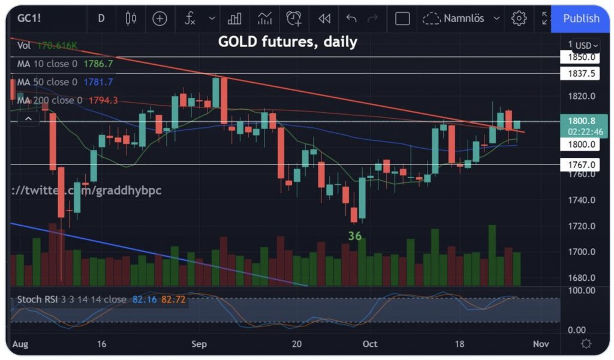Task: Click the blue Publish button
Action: tap(580, 19)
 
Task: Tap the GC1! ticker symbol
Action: tap(31, 19)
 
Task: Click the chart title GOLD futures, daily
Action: tap(287, 42)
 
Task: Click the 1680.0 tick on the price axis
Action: tap(580, 278)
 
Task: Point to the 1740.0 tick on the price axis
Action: tap(580, 200)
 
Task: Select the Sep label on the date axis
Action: tap(199, 344)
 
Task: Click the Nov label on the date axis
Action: tap(540, 344)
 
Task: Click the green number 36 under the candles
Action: tap(355, 236)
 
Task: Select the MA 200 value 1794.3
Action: tap(103, 100)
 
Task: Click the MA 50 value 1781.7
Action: tap(98, 82)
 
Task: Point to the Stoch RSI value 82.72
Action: tap(173, 299)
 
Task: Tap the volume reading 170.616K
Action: tap(58, 46)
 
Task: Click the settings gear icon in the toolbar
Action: tap(518, 19)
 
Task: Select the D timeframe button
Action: tap(101, 19)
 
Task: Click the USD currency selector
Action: tap(585, 46)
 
